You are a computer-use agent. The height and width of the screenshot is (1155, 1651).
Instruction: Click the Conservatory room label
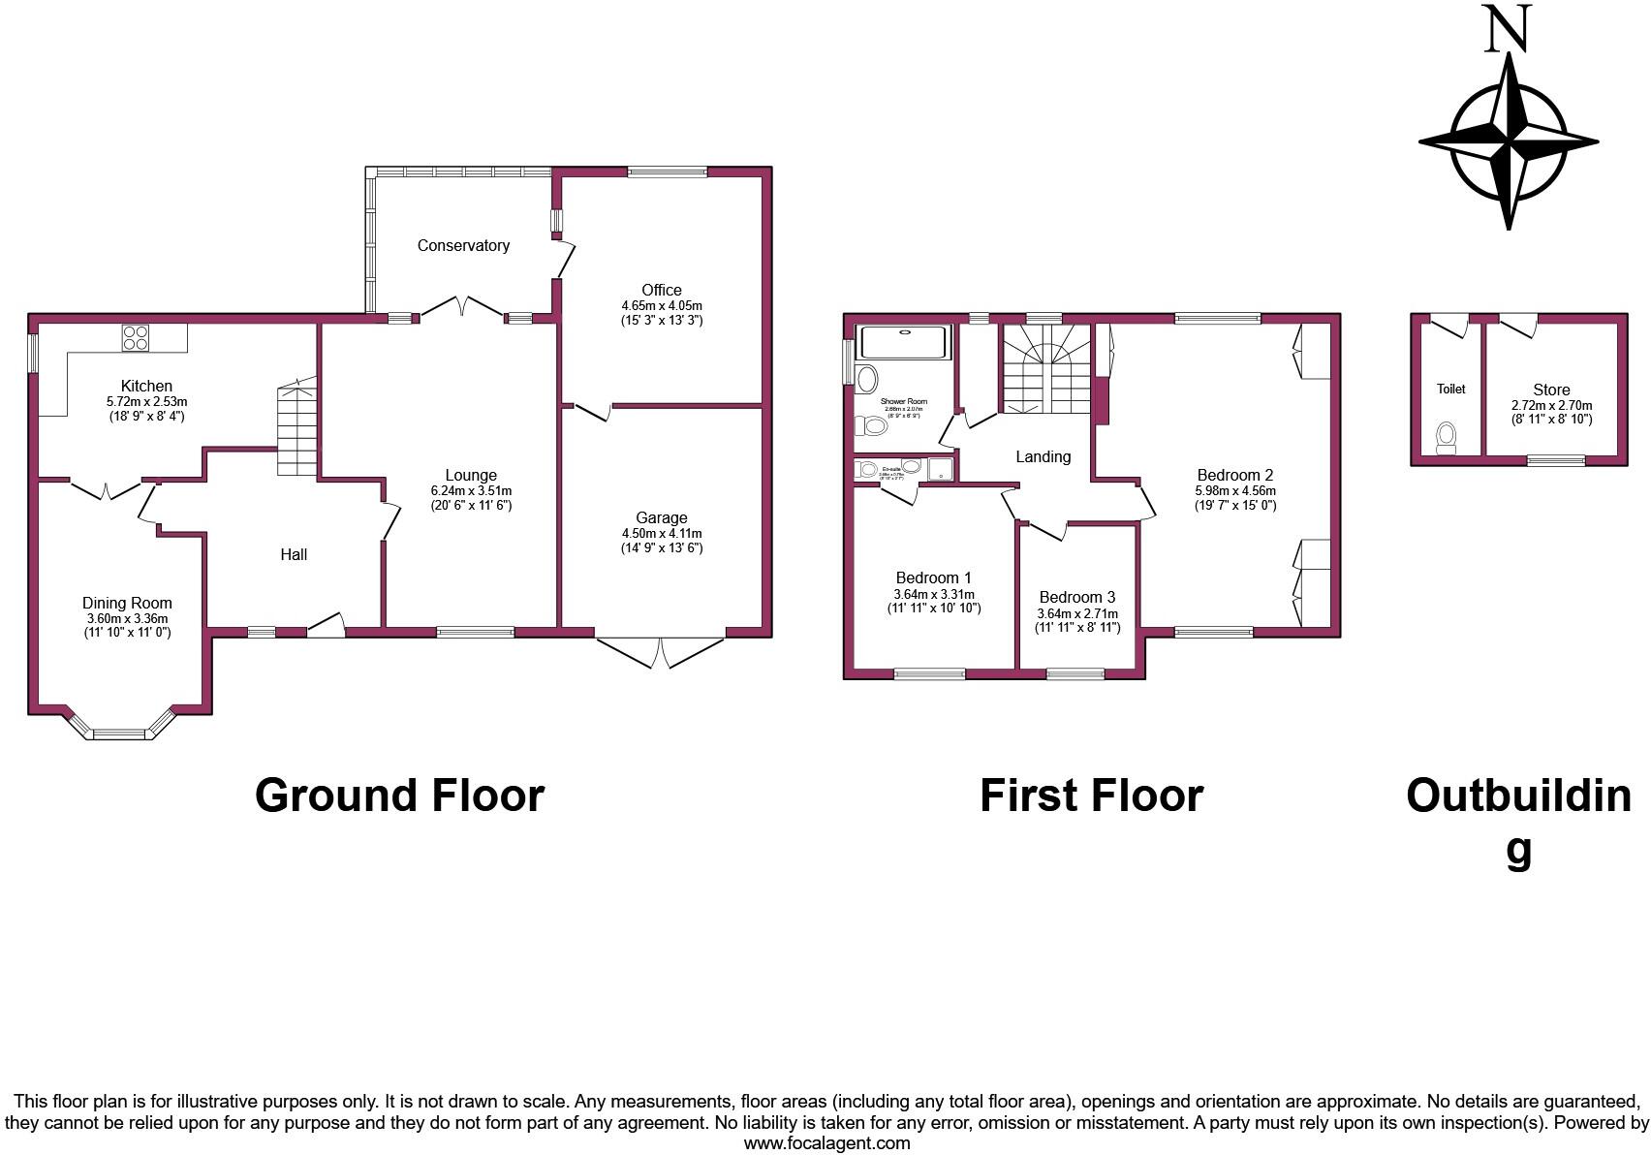[x=463, y=246]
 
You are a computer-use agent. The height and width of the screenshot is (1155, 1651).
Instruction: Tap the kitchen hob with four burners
[x=135, y=337]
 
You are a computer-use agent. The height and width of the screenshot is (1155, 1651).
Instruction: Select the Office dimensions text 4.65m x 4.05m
[x=662, y=305]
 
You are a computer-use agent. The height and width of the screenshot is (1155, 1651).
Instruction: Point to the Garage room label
[x=662, y=518]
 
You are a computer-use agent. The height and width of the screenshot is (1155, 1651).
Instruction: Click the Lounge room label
[x=471, y=476]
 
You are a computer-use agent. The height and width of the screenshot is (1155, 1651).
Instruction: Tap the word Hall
[x=294, y=554]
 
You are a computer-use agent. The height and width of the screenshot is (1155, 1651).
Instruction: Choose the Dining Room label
[x=127, y=603]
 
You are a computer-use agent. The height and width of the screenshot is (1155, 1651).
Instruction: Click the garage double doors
[x=661, y=651]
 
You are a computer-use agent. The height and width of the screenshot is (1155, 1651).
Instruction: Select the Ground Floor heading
[x=399, y=796]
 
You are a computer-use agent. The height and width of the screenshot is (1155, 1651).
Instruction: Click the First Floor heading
[x=1091, y=796]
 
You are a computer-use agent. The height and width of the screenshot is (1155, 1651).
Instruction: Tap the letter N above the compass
[x=1508, y=29]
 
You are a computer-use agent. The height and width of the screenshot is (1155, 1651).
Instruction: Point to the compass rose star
[x=1509, y=141]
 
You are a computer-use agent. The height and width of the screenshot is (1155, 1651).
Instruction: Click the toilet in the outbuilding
[x=1447, y=438]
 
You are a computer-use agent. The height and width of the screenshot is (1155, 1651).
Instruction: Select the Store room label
[x=1551, y=390]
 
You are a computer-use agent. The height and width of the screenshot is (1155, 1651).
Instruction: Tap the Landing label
[x=1043, y=456]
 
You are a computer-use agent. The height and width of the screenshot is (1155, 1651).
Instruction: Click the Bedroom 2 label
[x=1234, y=475]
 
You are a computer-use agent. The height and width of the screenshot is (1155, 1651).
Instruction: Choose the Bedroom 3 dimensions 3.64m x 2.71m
[x=1077, y=614]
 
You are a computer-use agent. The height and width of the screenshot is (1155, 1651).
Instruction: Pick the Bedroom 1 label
[x=933, y=577]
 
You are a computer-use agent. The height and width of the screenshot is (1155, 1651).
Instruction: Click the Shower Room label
[x=903, y=401]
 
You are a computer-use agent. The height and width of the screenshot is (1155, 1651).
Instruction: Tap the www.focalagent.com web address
[x=826, y=1143]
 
